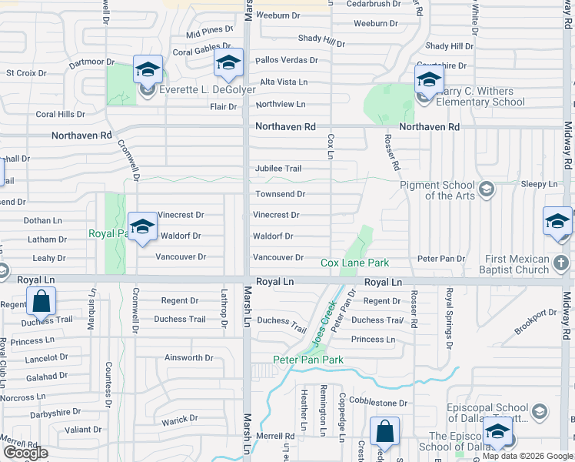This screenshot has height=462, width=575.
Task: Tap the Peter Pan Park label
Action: coord(307,360)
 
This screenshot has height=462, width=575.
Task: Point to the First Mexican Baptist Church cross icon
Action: coord(562,264)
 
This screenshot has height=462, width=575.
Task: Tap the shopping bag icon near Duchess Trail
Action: coord(42,302)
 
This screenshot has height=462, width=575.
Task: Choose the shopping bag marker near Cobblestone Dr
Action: coord(384,432)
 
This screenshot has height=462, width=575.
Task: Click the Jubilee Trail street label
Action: coord(278,169)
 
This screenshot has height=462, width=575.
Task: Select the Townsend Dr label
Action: coord(280,195)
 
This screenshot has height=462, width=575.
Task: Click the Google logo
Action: coord(25,453)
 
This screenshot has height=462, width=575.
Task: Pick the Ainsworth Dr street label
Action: coord(188,358)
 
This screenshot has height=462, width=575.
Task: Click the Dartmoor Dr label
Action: coord(91,62)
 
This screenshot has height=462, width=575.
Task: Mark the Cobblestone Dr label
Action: coord(378,403)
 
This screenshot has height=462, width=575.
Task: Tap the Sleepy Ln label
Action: coord(539,185)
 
